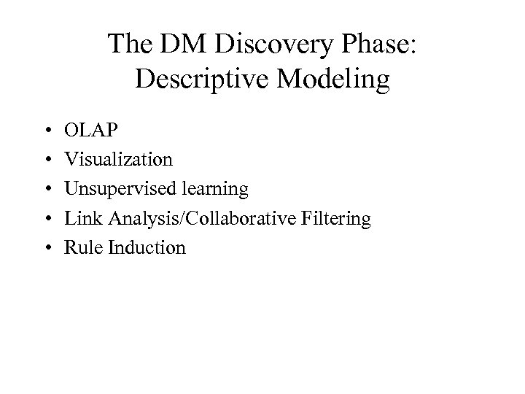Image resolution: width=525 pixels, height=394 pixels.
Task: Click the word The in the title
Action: [129, 45]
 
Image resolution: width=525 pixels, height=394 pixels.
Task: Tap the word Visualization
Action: [119, 160]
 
